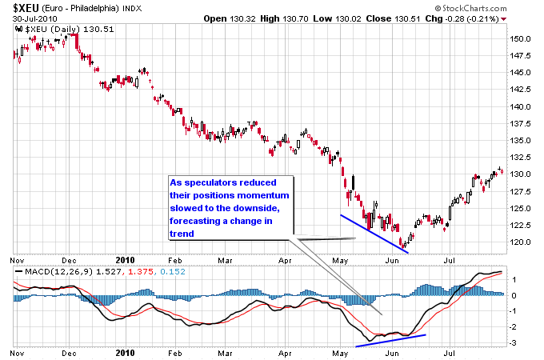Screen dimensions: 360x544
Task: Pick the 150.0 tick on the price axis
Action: (x=521, y=38)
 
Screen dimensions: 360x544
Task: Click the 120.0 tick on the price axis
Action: (x=521, y=242)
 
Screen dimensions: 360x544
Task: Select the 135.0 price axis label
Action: (x=521, y=140)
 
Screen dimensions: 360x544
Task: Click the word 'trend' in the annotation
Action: (x=182, y=234)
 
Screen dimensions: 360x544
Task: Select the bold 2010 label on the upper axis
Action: (x=125, y=260)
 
